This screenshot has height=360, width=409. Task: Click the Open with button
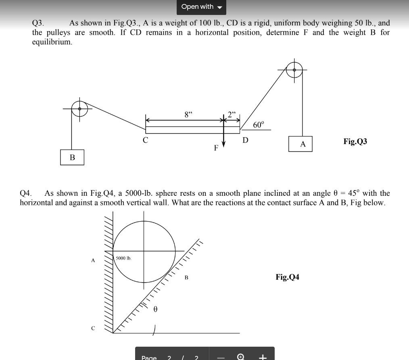[201, 7]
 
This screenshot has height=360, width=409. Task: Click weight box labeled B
[73, 157]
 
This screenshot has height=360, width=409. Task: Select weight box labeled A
[300, 144]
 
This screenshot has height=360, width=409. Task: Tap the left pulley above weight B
[79, 109]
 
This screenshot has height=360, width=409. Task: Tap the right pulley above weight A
[294, 70]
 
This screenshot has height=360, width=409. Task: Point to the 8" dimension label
[188, 114]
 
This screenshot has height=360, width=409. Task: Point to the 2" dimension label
[232, 114]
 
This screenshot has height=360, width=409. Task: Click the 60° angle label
[259, 124]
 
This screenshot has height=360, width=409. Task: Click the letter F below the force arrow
[216, 148]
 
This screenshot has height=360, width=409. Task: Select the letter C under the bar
[145, 140]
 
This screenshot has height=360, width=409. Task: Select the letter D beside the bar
[245, 140]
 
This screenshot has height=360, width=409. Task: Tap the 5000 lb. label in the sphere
[123, 258]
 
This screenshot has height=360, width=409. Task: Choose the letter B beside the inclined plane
[186, 278]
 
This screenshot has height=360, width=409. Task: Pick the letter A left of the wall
[93, 261]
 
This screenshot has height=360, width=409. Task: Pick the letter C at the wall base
[93, 328]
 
